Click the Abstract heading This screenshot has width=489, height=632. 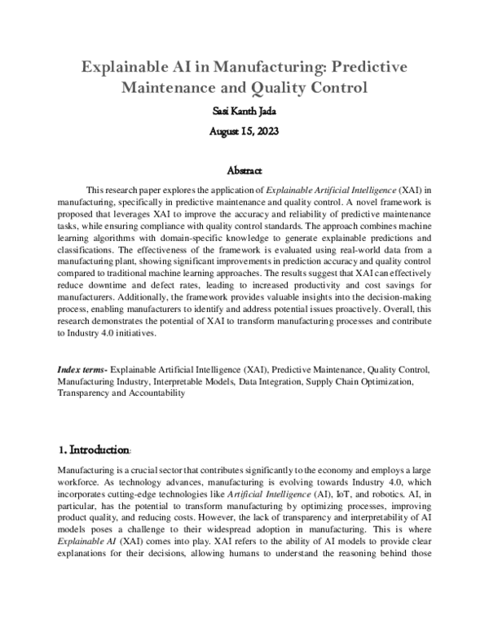tap(244, 172)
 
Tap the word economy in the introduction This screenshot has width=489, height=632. tap(322, 472)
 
